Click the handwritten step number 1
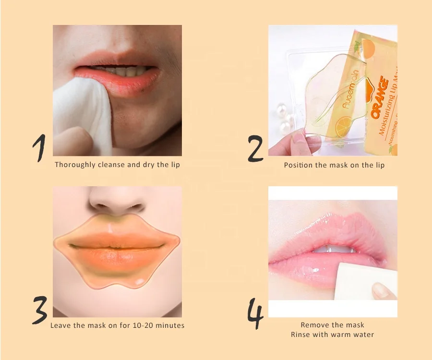tap(40, 147)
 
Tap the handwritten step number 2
tap(255, 148)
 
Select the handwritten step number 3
tap(40, 310)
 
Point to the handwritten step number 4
tap(255, 313)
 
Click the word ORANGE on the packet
tap(380, 98)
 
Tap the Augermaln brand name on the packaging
tap(350, 89)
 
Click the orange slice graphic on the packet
tap(343, 124)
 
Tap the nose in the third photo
tap(117, 201)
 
